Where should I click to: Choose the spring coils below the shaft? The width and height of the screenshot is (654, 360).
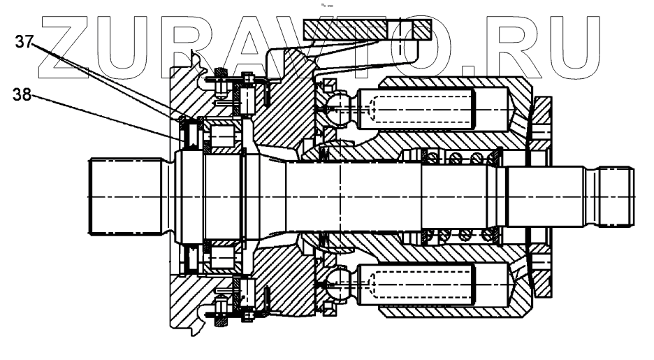pyautogui.click(x=461, y=237)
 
